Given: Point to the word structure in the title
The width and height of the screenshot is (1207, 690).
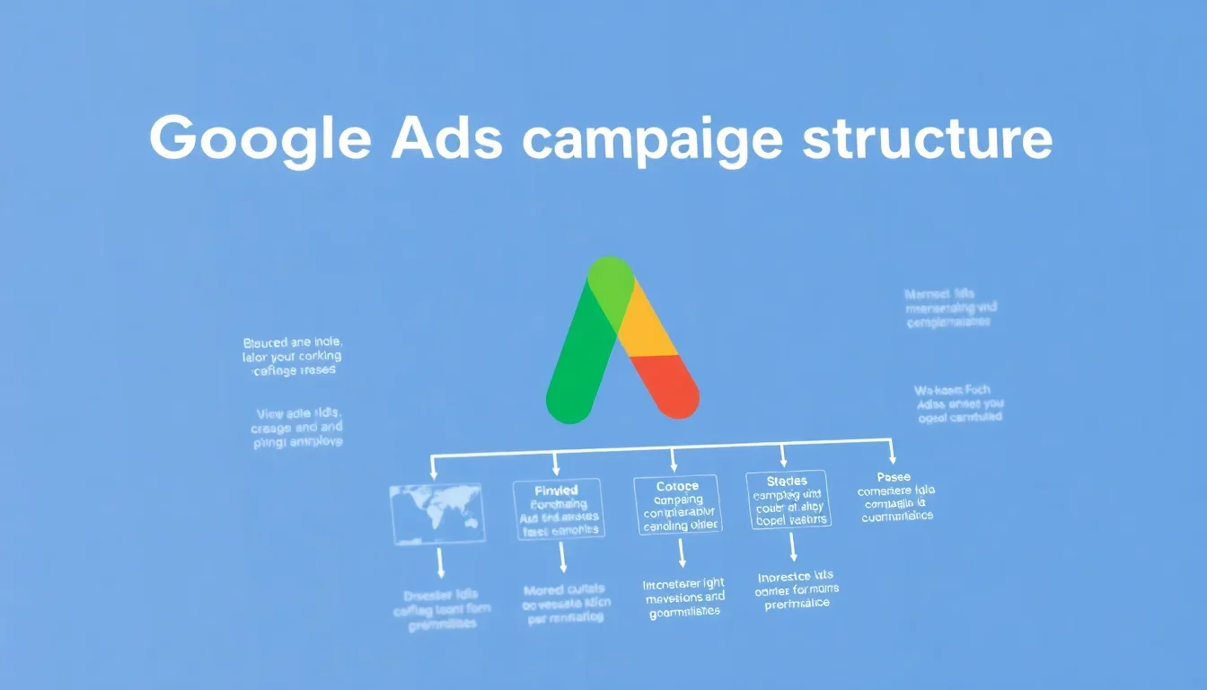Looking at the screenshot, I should click(928, 140).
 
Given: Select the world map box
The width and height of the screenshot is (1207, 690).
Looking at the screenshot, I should click(437, 513).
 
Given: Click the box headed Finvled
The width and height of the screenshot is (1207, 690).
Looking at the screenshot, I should click(558, 509).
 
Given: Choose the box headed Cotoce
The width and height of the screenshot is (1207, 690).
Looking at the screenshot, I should click(678, 504).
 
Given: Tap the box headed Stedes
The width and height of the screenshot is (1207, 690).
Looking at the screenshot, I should click(789, 500).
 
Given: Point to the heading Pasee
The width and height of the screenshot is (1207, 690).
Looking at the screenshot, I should click(894, 477).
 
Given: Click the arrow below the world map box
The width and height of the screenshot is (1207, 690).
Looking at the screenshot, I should click(441, 564).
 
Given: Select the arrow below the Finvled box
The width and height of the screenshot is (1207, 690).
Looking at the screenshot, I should click(563, 558).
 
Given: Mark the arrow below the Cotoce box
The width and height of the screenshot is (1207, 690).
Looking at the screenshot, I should click(682, 553).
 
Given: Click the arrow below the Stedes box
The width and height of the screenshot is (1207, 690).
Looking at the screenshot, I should click(792, 547).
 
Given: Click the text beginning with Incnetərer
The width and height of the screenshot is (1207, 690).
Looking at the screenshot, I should click(684, 598).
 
